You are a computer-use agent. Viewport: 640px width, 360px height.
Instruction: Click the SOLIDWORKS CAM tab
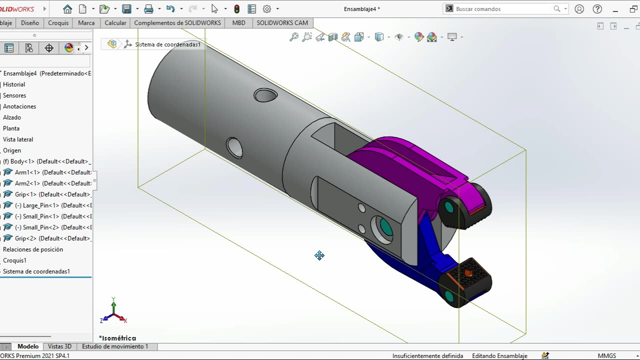click(282, 23)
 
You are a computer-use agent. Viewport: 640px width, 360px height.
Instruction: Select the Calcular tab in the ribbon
click(115, 23)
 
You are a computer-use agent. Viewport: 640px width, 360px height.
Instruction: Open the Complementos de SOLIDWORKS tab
click(177, 23)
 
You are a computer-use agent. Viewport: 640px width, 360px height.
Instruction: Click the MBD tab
click(238, 23)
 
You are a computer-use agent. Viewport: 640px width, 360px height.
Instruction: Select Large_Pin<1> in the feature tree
click(40, 205)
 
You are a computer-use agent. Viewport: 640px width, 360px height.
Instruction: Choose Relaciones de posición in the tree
click(33, 249)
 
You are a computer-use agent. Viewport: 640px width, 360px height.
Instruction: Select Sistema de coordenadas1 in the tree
click(36, 271)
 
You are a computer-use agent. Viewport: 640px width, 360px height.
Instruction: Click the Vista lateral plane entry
click(18, 139)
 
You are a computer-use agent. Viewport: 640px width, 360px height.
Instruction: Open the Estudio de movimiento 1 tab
click(115, 346)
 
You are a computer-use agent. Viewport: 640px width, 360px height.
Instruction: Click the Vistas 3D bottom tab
click(59, 346)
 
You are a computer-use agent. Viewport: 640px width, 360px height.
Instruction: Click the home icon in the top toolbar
click(67, 9)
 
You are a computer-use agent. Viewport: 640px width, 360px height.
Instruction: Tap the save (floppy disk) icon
click(126, 9)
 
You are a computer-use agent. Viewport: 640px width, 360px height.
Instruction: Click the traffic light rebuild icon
click(236, 9)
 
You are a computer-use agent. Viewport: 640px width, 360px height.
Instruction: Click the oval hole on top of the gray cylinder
click(265, 95)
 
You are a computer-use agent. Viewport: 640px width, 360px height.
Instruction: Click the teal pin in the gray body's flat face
click(386, 227)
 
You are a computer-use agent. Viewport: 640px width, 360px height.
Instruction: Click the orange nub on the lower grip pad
click(468, 273)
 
